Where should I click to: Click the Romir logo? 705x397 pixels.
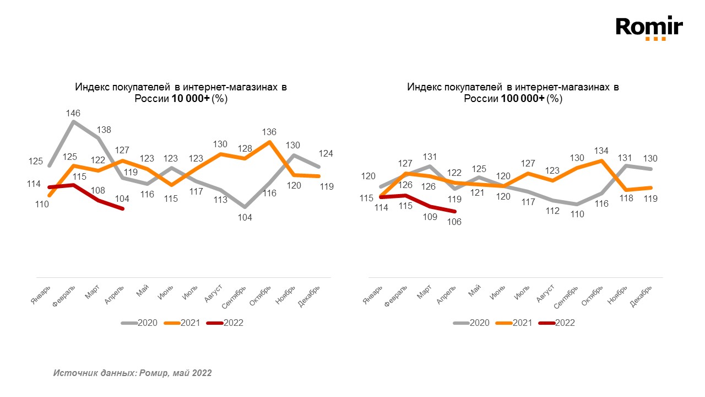(x=649, y=28)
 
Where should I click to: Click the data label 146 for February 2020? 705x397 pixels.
(x=74, y=113)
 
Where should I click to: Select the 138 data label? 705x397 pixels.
(x=105, y=130)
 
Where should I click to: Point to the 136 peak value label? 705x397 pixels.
(x=269, y=132)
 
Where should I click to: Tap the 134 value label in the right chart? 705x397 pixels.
(x=601, y=151)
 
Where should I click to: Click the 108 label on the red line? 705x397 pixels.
(x=97, y=190)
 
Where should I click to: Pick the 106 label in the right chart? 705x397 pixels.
(x=454, y=222)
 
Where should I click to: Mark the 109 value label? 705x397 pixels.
(x=430, y=217)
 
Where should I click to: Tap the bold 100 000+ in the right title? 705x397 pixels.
(x=523, y=99)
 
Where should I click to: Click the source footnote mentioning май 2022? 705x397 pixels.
(x=132, y=373)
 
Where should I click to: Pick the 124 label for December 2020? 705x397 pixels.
(x=327, y=153)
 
